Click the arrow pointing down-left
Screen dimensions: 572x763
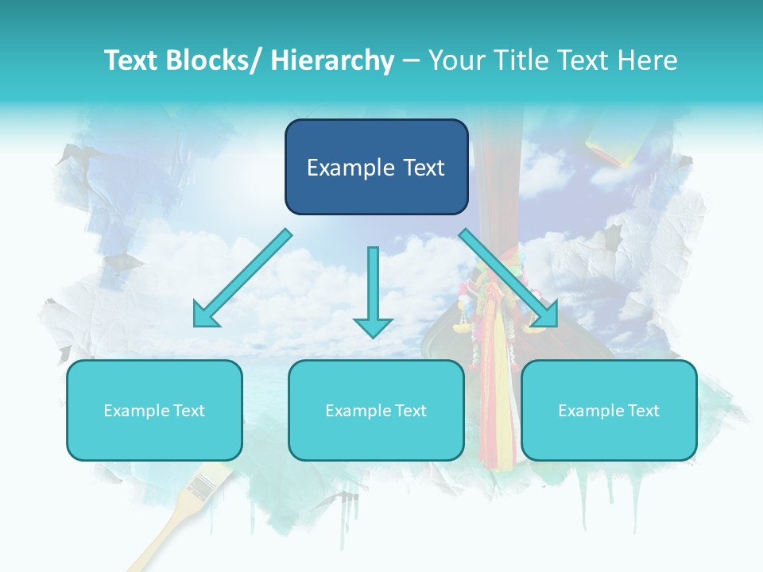pos(242,278)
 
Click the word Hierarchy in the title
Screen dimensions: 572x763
pos(332,60)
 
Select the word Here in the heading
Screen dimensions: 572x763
pos(649,60)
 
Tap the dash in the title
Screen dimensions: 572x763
pos(411,60)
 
